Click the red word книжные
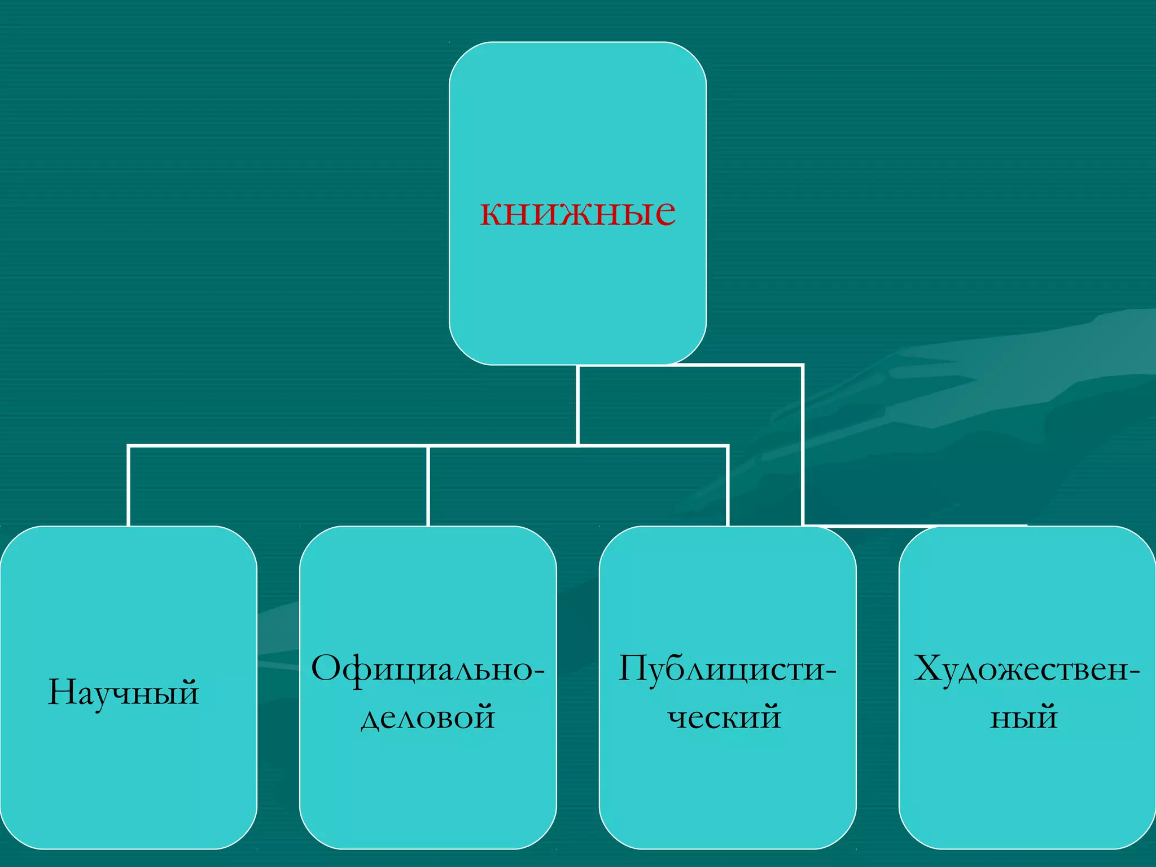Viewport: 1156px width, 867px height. pos(577,212)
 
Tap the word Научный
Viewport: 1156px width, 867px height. pos(123,692)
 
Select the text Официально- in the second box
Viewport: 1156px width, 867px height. pos(428,669)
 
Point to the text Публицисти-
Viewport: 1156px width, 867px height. pos(727,669)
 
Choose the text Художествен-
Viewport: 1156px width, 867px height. pos(1027,669)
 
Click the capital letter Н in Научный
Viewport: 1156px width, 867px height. pos(61,692)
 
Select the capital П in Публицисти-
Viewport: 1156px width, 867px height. pos(632,669)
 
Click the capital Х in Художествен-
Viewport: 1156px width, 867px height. pos(928,669)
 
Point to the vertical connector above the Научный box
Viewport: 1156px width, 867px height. pos(129,485)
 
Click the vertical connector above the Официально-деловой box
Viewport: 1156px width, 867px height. pos(428,485)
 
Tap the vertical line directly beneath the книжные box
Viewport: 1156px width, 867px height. pos(578,404)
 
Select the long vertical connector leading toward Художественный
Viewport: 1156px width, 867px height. pos(802,446)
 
